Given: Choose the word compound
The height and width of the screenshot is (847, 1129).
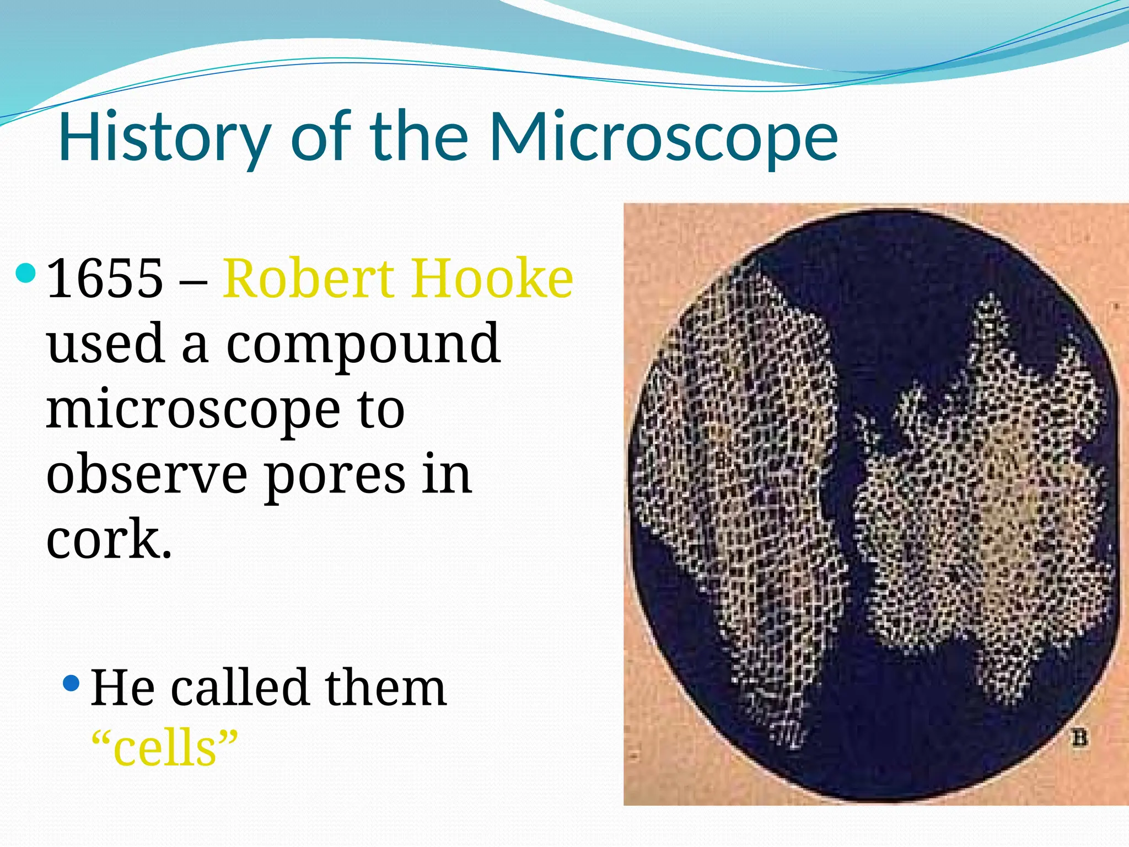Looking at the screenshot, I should [363, 345].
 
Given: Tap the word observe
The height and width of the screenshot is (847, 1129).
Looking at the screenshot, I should [147, 474].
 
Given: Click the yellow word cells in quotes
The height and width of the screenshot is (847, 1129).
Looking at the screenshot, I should [165, 748].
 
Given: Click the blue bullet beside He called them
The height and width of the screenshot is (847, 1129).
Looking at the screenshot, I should [72, 684].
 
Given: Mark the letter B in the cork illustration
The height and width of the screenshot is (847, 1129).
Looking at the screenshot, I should [1080, 738].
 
